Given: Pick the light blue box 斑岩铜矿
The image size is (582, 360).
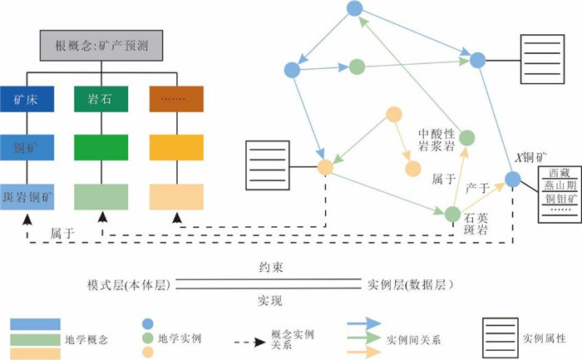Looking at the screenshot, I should click(x=27, y=197).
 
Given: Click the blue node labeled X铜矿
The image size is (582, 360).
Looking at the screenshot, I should click(x=513, y=178).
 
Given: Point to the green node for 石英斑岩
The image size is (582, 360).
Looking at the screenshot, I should click(x=452, y=214).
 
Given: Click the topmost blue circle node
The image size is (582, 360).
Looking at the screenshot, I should click(x=353, y=8).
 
